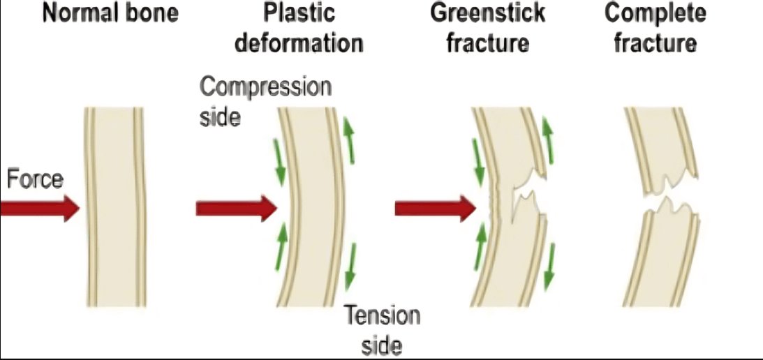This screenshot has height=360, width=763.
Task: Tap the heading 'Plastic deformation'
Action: coord(299,28)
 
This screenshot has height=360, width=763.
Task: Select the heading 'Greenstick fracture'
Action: coord(488,28)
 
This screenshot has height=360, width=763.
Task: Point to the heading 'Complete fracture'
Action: coord(655,28)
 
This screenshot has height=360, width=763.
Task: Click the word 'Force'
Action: coord(35,180)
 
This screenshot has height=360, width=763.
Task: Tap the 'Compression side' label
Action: coord(265,101)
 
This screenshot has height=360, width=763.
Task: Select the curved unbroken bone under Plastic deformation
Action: coord(313,209)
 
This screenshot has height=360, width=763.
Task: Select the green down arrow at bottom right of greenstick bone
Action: coord(549,265)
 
